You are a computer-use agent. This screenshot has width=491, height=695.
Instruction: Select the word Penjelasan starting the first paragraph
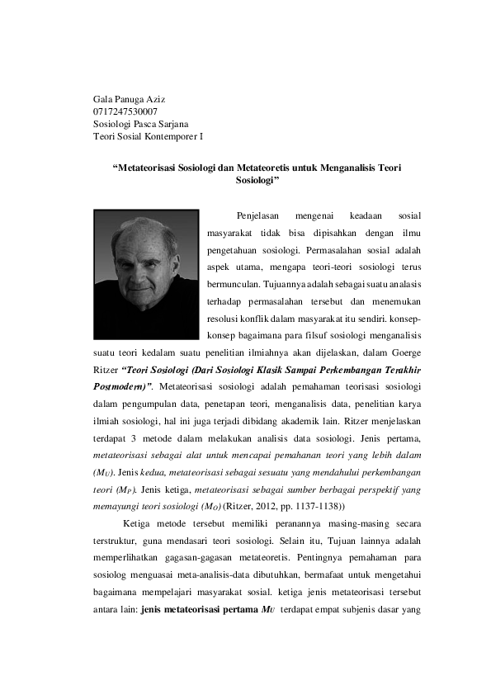258,217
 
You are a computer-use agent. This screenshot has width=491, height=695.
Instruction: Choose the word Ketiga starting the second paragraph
137,523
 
